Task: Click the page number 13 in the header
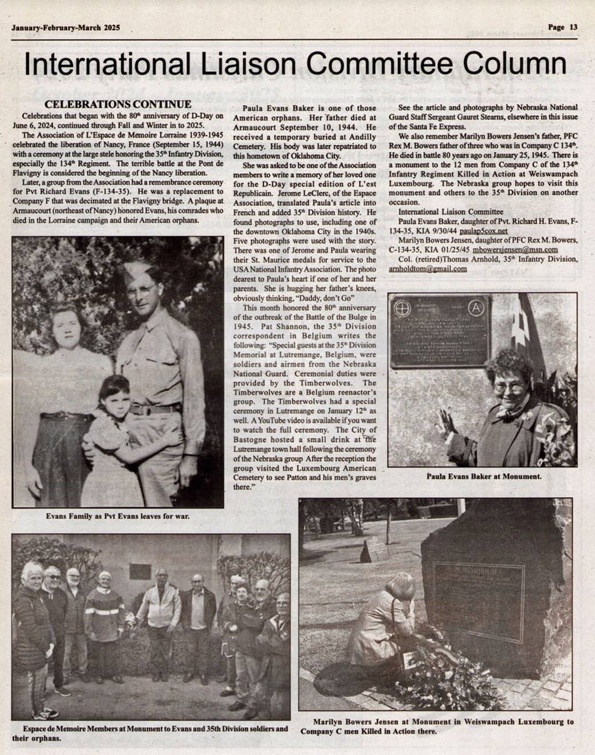coord(574,27)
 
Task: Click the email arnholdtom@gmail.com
coord(427,268)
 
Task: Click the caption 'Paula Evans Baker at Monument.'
coord(484,476)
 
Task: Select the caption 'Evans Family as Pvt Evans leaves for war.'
coord(118,516)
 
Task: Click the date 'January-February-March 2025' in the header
coord(66,27)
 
